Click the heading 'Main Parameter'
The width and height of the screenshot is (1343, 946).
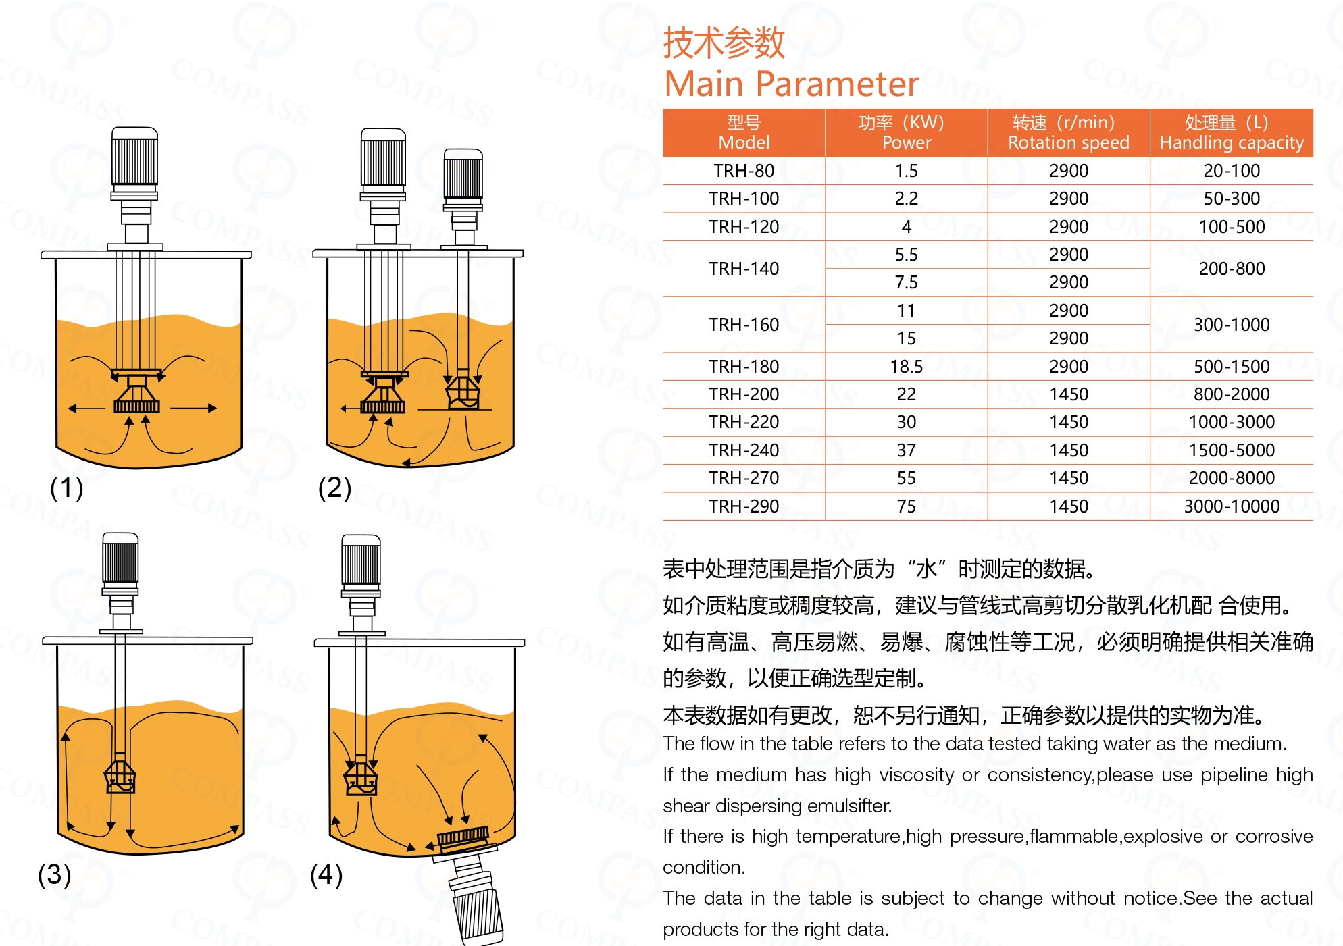pos(791,84)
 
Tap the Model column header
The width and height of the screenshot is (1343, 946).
pos(744,133)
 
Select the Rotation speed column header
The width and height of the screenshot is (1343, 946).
pos(1069,133)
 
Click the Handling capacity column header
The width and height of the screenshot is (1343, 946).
pos(1232,133)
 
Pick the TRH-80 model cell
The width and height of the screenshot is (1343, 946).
pos(744,171)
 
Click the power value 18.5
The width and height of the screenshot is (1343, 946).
pos(907,367)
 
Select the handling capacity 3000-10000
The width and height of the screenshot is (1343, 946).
pos(1232,506)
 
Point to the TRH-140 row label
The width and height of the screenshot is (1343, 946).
pos(744,269)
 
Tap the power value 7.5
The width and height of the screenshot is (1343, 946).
pos(907,282)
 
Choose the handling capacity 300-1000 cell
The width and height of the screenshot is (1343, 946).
pos(1232,325)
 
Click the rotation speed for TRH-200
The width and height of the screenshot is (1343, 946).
pos(1069,394)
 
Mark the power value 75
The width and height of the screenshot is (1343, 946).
pos(907,506)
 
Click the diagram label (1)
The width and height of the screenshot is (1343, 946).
pos(66,488)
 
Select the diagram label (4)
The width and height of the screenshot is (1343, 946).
pos(326,874)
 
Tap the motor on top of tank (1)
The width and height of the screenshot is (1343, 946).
pos(135,157)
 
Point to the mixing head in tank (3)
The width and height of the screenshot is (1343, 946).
pos(120,777)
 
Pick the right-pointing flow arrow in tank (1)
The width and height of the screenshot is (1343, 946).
pos(193,408)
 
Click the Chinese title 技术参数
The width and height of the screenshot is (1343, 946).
pos(724,43)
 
